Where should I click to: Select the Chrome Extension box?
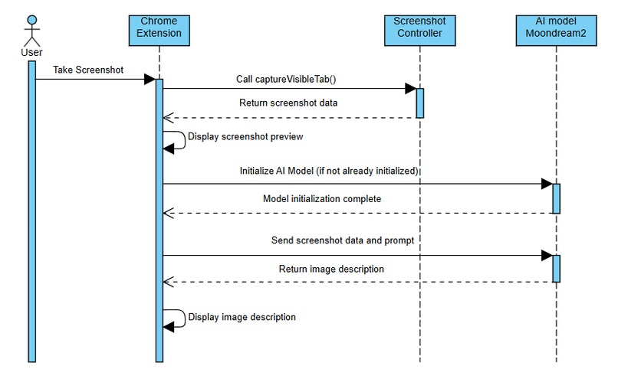click(159, 28)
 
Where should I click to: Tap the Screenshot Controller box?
click(419, 28)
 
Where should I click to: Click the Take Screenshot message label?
click(89, 70)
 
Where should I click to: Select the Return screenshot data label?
click(288, 102)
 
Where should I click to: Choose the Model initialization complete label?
click(322, 198)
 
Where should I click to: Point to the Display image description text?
click(242, 316)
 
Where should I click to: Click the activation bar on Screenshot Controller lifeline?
click(419, 103)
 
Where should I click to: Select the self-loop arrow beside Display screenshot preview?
click(176, 141)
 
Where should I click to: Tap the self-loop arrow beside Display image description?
click(176, 319)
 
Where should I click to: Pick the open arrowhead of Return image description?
click(169, 283)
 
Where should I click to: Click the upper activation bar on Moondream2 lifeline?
click(556, 198)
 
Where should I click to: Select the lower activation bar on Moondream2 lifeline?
click(556, 268)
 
